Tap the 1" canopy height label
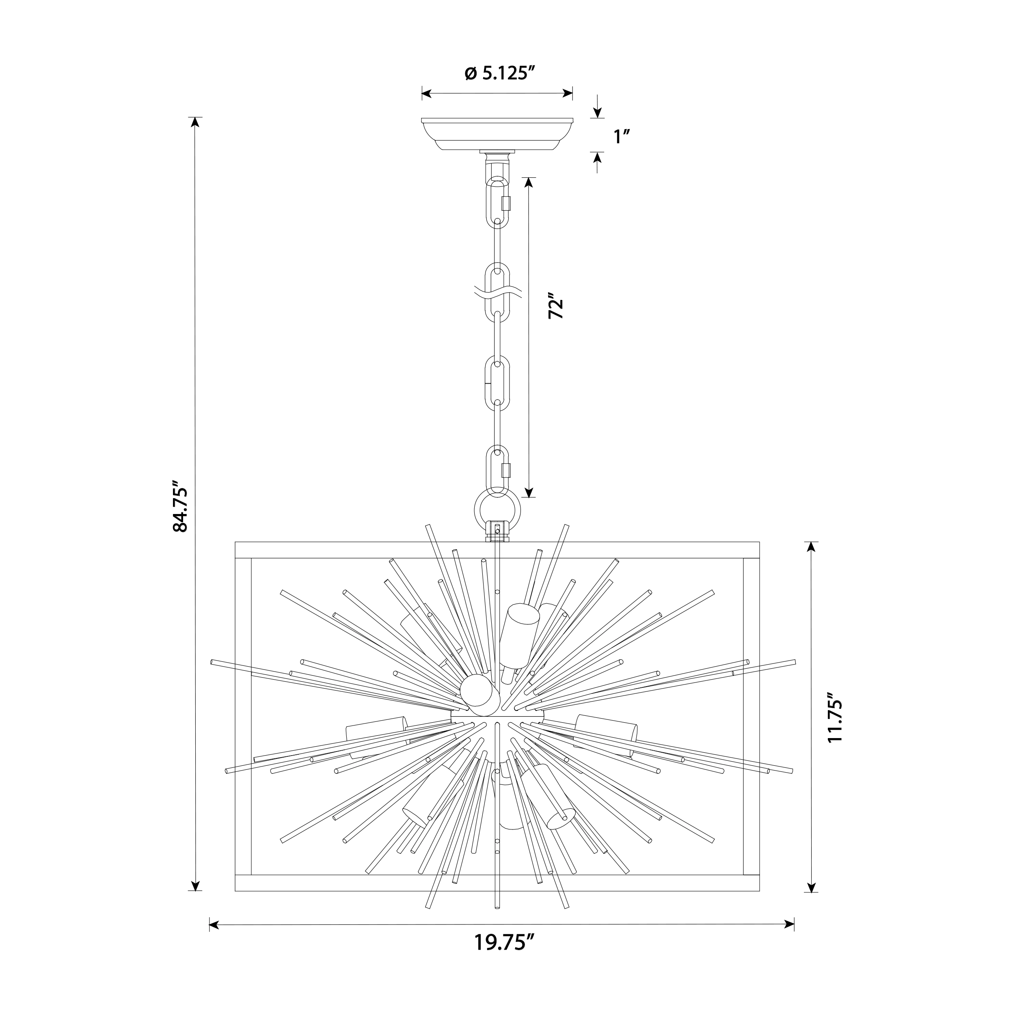[x=622, y=137]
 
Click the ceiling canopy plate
[x=497, y=134]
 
